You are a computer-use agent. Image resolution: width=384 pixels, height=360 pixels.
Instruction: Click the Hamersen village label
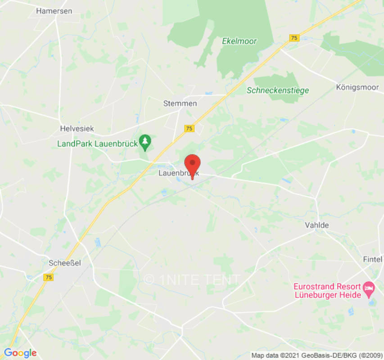(x=54, y=11)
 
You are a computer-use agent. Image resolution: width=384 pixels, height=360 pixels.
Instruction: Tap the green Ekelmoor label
(x=239, y=41)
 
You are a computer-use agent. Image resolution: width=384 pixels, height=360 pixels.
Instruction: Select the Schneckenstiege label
(x=278, y=90)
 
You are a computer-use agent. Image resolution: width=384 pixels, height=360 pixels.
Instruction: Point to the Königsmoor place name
(x=357, y=87)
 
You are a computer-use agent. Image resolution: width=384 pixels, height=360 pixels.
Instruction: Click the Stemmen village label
(x=180, y=103)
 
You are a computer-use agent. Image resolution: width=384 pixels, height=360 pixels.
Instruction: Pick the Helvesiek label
(x=77, y=129)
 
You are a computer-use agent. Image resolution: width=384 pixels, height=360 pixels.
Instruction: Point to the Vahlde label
(x=317, y=225)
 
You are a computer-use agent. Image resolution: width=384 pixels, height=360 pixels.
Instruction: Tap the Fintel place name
(x=372, y=259)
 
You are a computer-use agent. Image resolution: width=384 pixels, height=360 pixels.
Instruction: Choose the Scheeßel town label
(x=65, y=263)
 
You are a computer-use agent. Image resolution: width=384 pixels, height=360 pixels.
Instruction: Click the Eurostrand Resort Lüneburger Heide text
(x=327, y=291)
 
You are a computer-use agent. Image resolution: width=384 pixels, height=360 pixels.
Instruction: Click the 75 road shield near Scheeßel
(x=49, y=278)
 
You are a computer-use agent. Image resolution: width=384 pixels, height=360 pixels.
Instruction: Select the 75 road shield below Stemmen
(x=189, y=129)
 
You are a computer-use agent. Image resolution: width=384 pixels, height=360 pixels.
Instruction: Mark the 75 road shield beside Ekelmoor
(x=294, y=38)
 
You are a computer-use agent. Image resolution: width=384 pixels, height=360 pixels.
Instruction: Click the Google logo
(x=19, y=353)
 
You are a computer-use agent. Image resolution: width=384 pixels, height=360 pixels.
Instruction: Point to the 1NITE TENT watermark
(x=192, y=280)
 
